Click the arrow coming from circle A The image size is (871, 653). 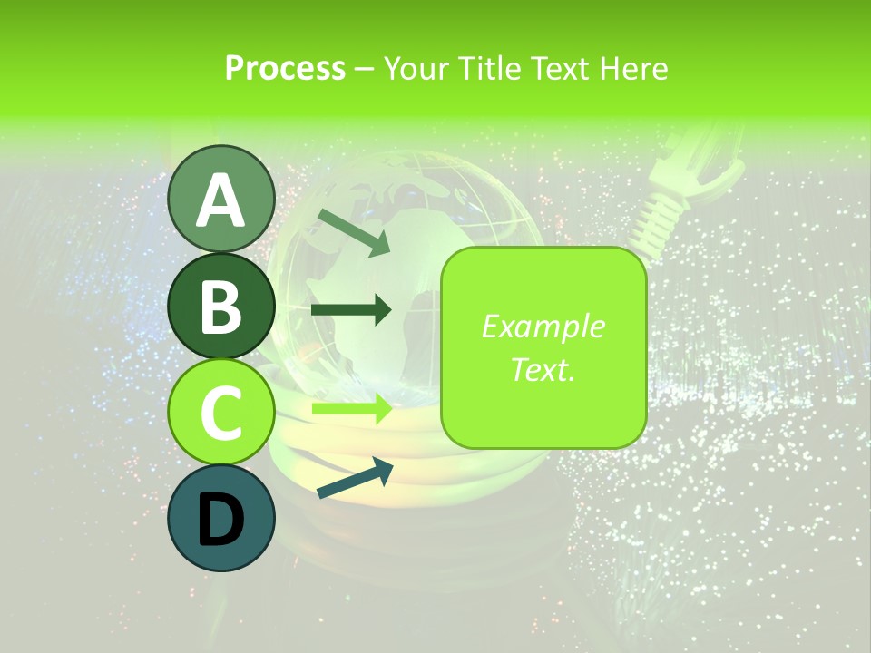click(x=355, y=232)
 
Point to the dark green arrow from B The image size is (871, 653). click(x=351, y=310)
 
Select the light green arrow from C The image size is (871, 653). click(x=351, y=409)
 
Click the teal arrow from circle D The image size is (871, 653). click(x=355, y=478)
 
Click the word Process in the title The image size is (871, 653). click(x=285, y=68)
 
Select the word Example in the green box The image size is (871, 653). click(x=543, y=327)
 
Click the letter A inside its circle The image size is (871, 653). click(x=220, y=201)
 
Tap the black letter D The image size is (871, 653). click(x=220, y=520)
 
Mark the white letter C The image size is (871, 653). click(x=220, y=414)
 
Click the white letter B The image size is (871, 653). click(x=220, y=308)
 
